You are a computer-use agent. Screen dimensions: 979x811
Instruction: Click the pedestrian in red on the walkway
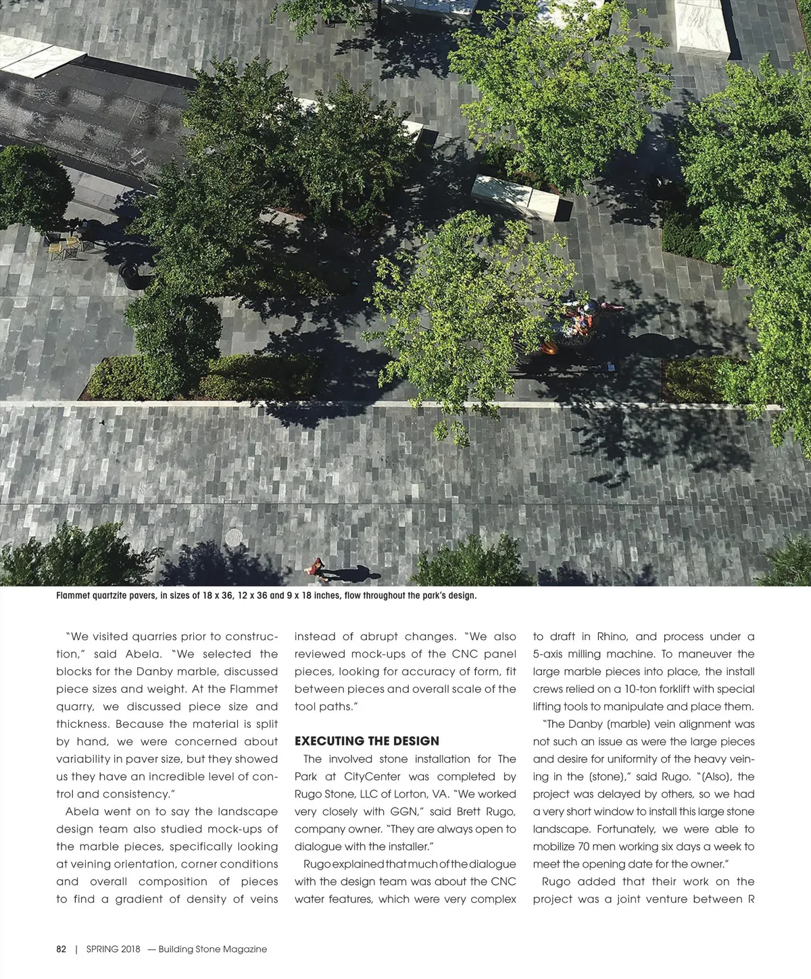(x=316, y=567)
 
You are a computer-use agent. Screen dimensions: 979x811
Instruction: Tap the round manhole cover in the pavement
(x=234, y=537)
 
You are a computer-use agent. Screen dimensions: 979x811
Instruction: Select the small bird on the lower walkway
(x=102, y=421)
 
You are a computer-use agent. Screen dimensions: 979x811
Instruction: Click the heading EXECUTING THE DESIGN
(x=367, y=741)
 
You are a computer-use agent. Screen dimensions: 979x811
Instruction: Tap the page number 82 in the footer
(x=62, y=949)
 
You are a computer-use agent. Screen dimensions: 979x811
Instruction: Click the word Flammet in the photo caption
(x=74, y=596)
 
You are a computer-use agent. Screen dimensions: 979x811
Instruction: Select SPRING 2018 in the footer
(x=113, y=949)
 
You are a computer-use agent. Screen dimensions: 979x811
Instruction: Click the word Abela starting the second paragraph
(x=83, y=812)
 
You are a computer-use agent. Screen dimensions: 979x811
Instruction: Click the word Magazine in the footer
(x=244, y=949)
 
